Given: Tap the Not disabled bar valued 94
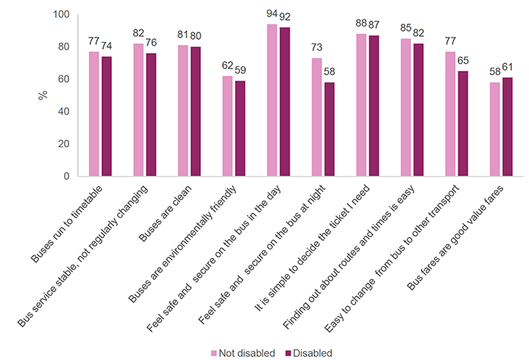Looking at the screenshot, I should [x=272, y=100].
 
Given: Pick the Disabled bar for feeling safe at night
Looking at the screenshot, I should [x=329, y=130].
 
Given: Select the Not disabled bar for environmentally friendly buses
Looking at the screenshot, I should [x=227, y=126].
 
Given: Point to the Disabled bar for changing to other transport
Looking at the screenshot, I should [x=463, y=124].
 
